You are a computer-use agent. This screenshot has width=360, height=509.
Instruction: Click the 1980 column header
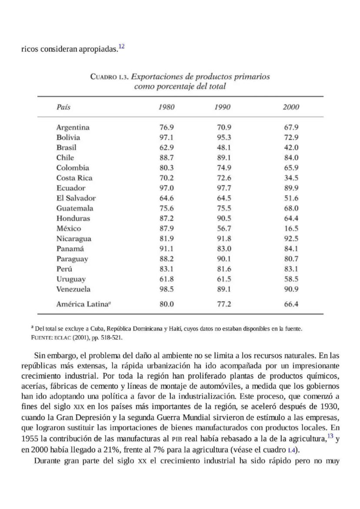coord(167,107)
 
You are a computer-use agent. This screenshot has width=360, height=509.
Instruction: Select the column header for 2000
coord(291,107)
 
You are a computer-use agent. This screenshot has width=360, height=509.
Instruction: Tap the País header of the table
coord(63,107)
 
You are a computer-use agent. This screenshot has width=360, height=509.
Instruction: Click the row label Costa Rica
coord(74,178)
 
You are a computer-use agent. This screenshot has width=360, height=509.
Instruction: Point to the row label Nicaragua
coord(74,239)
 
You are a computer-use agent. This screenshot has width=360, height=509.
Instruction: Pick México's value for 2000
coord(291,229)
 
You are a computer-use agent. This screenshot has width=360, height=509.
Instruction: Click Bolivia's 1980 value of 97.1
coord(167,137)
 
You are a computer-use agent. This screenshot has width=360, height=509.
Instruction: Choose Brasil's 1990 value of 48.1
coord(224,147)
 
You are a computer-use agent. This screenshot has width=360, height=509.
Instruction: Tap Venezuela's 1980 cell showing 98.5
coord(167,289)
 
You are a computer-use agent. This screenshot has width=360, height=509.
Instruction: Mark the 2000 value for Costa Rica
coord(291,178)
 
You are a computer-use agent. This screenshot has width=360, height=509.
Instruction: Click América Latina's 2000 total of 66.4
coord(291,304)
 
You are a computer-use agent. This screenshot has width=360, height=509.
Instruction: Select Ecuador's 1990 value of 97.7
coord(224,188)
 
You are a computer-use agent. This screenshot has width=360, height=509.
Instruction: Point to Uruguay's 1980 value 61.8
coord(167,279)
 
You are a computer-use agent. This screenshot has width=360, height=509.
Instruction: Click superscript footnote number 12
coord(121,47)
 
